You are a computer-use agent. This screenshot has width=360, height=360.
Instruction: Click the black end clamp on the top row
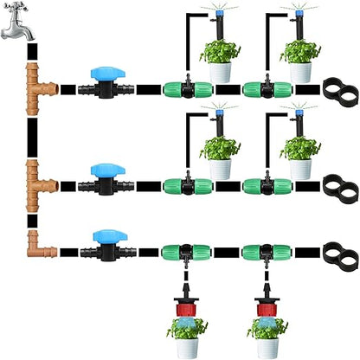[340, 88]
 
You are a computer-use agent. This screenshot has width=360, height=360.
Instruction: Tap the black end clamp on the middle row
[340, 184]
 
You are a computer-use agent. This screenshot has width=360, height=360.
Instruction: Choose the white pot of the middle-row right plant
[302, 168]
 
